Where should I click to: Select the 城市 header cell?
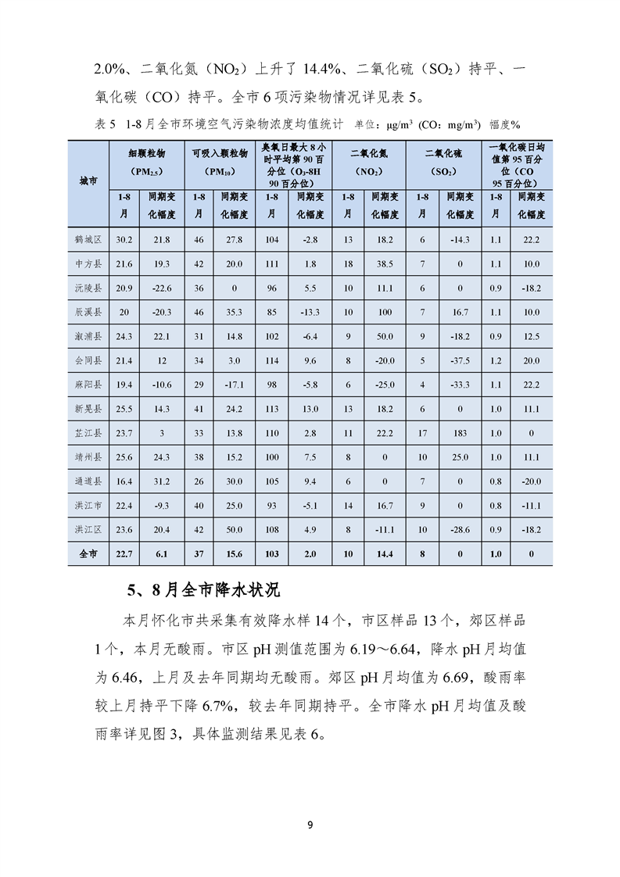88,181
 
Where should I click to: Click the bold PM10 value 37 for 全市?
199,553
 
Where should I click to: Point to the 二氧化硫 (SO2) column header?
441,161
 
